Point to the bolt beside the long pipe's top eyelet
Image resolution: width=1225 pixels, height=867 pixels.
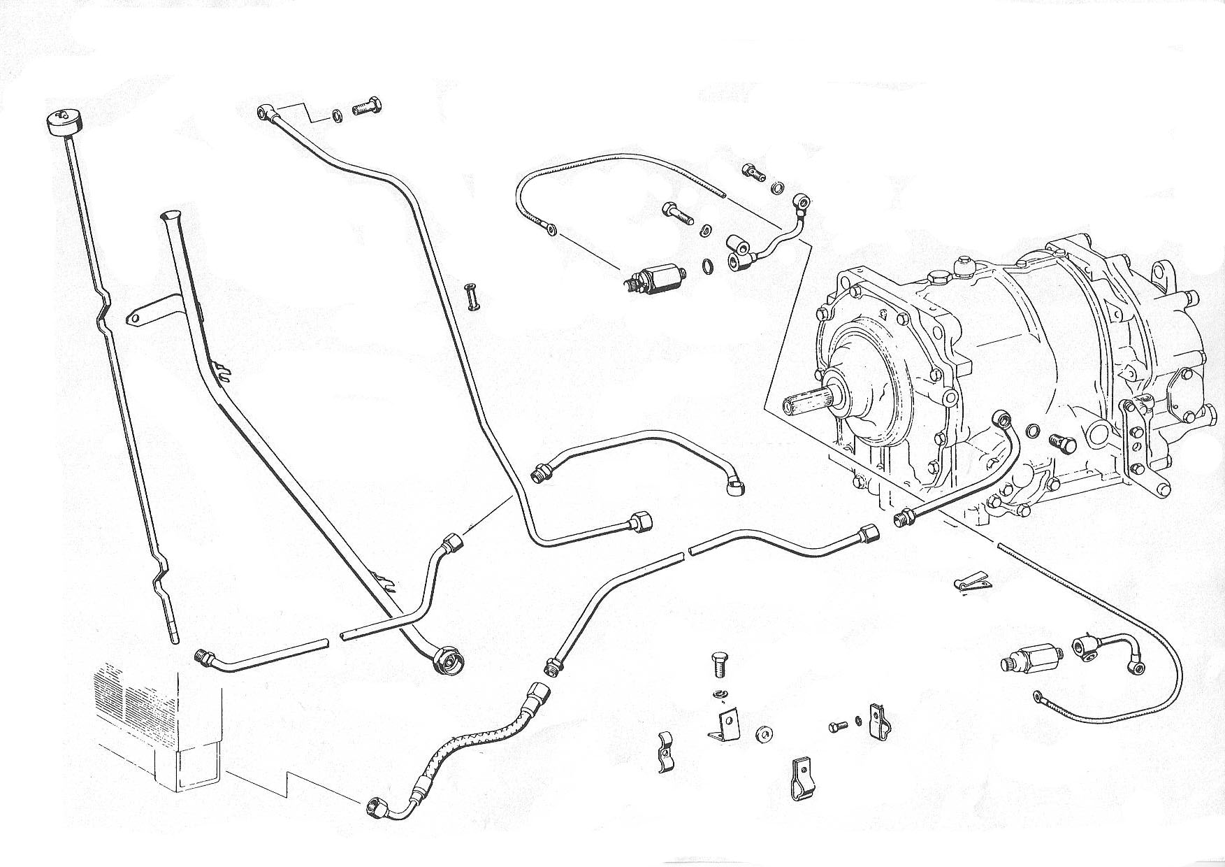tap(369, 108)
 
